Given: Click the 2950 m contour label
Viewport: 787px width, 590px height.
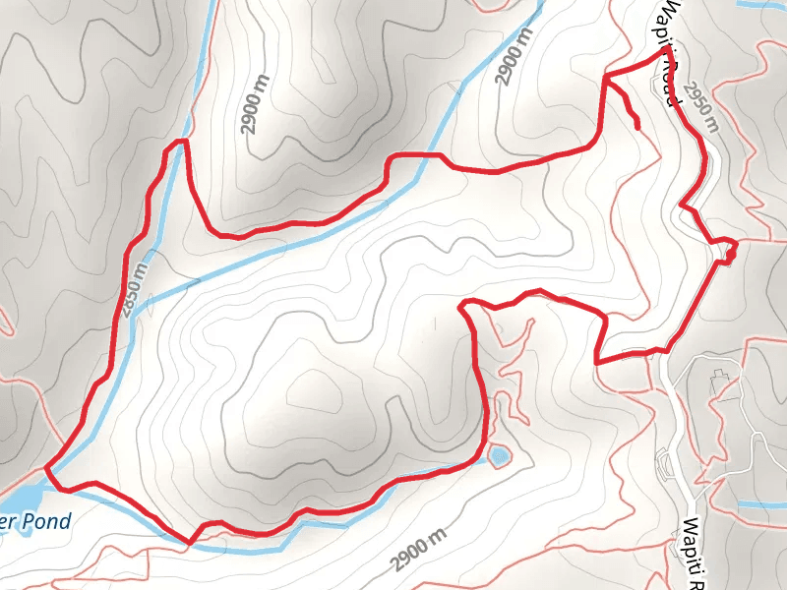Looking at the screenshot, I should (x=701, y=105).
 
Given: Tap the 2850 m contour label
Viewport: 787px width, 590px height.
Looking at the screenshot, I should (x=135, y=285).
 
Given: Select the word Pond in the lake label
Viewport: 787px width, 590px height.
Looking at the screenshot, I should (x=48, y=520).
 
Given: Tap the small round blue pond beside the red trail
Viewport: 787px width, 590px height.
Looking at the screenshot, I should (x=499, y=455).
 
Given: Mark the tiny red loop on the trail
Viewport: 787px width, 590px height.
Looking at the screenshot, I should (x=730, y=256).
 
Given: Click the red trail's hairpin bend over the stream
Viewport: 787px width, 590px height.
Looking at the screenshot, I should (x=179, y=145).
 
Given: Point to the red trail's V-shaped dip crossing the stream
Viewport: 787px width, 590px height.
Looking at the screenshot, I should (x=190, y=540).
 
